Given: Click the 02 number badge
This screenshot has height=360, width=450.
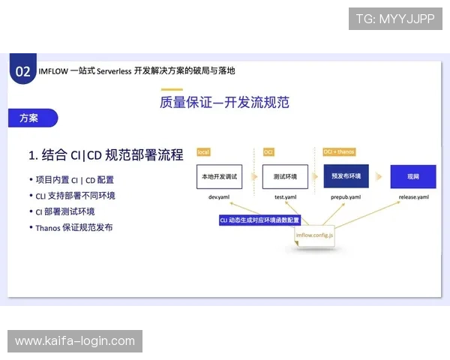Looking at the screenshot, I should [x=23, y=71].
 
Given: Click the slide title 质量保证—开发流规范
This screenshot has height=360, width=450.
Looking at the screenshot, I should [x=224, y=102].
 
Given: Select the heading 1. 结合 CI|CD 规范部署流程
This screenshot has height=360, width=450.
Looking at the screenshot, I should [x=106, y=155].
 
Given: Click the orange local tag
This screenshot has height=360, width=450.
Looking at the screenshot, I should [x=203, y=152].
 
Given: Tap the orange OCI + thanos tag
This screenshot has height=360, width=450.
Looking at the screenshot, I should [x=339, y=152].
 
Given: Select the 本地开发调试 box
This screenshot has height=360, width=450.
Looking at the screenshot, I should [x=217, y=176].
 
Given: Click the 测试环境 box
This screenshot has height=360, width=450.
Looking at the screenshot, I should [x=284, y=176].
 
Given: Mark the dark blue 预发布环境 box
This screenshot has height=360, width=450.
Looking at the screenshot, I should [x=346, y=176].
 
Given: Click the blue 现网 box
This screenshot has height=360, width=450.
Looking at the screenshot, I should [x=412, y=176].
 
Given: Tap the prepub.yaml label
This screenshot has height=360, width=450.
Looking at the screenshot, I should [x=346, y=197].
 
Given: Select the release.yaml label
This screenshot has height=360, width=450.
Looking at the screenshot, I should [x=413, y=197].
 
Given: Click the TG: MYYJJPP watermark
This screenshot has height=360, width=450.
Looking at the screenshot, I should [x=395, y=18].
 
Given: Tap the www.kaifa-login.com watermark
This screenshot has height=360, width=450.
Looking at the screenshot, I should [x=75, y=341].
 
